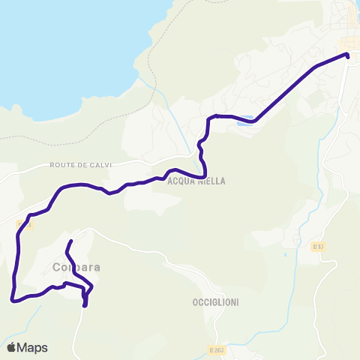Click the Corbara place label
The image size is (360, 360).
click(x=76, y=267)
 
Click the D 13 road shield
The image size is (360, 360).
click(x=318, y=246)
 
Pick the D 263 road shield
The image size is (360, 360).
click(x=217, y=349)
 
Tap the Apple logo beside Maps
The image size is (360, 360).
click(x=11, y=347)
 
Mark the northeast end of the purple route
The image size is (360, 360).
click(x=348, y=54)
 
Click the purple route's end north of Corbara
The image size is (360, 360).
click(x=70, y=241)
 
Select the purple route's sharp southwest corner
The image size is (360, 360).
click(x=13, y=299)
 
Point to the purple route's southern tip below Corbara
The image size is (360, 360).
click(x=85, y=305)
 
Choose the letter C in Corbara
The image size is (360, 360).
click(x=58, y=267)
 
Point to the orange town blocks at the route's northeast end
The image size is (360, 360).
click(x=349, y=41)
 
